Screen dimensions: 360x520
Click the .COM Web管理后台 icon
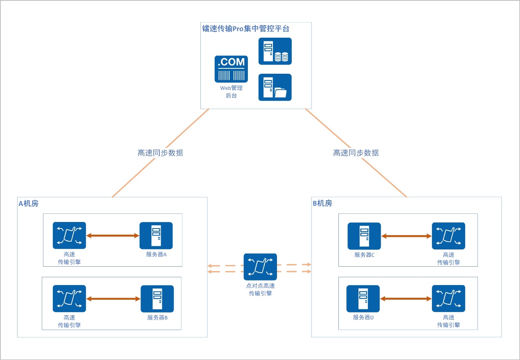231,69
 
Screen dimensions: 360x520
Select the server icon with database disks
275,51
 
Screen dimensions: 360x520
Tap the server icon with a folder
275,87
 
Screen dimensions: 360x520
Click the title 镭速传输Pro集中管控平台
246,29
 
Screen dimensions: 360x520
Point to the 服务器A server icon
156,235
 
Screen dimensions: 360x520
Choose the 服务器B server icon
157,299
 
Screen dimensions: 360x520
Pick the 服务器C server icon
364,236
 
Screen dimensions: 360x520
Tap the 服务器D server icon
363,299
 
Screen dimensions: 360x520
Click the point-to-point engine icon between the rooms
260,267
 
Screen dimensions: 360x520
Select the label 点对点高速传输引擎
260,290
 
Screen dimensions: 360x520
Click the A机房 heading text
28,203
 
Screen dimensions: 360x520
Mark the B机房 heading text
322,203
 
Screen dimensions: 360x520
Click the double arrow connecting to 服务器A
113,235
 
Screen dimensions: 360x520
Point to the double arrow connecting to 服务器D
406,299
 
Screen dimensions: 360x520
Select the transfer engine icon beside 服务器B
69,299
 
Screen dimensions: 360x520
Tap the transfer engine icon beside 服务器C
449,236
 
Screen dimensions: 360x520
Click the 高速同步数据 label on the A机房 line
160,153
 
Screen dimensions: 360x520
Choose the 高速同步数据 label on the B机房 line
356,153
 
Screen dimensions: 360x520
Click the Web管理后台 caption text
231,92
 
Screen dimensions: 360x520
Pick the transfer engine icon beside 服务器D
449,299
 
